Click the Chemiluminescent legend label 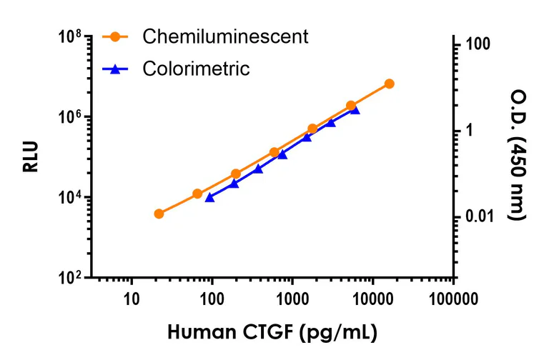coord(225,36)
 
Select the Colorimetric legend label coord(196,69)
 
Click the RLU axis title coord(30,157)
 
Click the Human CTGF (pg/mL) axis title coord(272,332)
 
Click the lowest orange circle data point coord(159,214)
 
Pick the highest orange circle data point coord(389,84)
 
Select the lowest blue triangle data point coord(209,196)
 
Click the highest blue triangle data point coord(355,109)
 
